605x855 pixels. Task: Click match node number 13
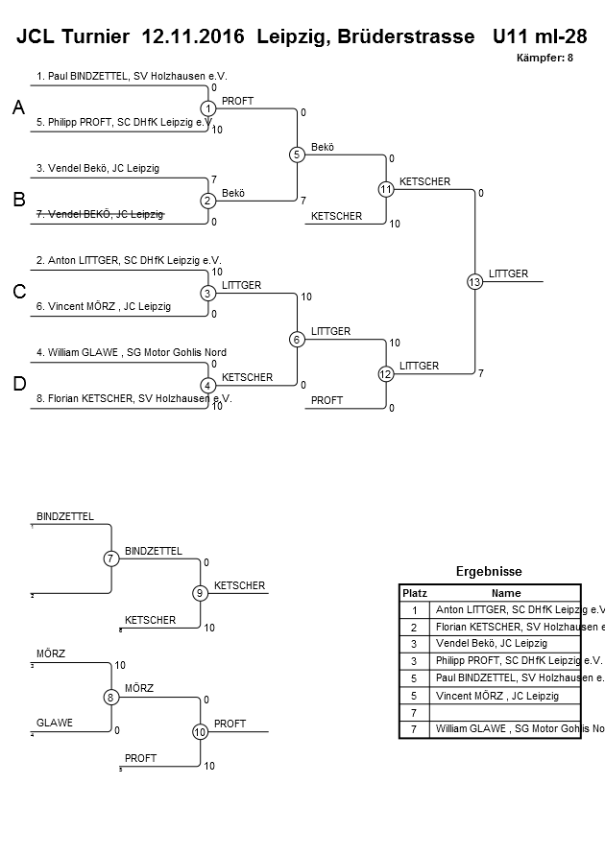click(x=474, y=281)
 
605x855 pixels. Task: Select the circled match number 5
click(x=297, y=154)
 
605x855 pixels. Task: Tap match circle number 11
click(x=386, y=189)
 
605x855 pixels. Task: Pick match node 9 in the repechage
click(x=200, y=593)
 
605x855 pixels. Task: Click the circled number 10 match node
click(x=200, y=731)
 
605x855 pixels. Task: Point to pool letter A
click(x=18, y=109)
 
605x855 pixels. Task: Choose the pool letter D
click(x=18, y=384)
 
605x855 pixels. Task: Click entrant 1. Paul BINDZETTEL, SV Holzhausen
click(x=132, y=76)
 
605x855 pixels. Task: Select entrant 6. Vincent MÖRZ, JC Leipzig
click(x=104, y=306)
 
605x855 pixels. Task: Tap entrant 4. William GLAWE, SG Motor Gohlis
click(x=131, y=352)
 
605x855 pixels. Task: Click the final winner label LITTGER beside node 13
click(x=508, y=273)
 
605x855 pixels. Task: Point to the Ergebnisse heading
click(x=489, y=571)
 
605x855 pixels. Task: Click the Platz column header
click(x=414, y=593)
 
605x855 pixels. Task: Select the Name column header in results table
click(x=506, y=593)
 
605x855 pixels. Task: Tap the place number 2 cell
click(x=414, y=627)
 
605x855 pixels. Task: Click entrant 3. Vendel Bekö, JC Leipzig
click(x=98, y=168)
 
